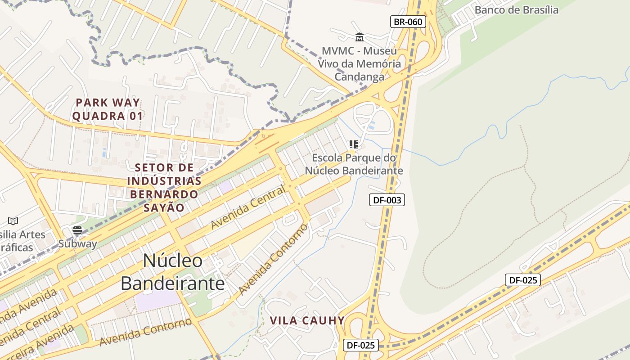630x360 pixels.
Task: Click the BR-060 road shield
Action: tap(408, 22)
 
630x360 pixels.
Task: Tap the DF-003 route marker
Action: tap(387, 200)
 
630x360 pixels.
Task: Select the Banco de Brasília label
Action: tap(516, 10)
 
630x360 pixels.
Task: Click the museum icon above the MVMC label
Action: tap(359, 37)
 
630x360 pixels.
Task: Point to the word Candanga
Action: tap(359, 77)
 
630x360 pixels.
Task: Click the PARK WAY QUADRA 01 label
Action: tap(108, 109)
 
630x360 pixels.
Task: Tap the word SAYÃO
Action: tap(164, 207)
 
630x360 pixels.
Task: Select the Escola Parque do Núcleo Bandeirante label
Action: tap(354, 164)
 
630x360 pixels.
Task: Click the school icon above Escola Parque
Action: tap(354, 144)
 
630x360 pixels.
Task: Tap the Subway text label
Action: tap(77, 244)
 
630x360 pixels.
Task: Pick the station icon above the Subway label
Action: tap(77, 231)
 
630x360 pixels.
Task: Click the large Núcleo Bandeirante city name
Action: tap(173, 272)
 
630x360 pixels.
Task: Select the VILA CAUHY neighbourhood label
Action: tap(307, 321)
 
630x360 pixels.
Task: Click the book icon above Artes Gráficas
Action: tap(13, 221)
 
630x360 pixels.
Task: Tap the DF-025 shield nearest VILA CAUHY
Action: tap(361, 345)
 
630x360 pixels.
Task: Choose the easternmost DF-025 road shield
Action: tap(522, 280)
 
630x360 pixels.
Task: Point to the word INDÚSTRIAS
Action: tap(164, 181)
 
